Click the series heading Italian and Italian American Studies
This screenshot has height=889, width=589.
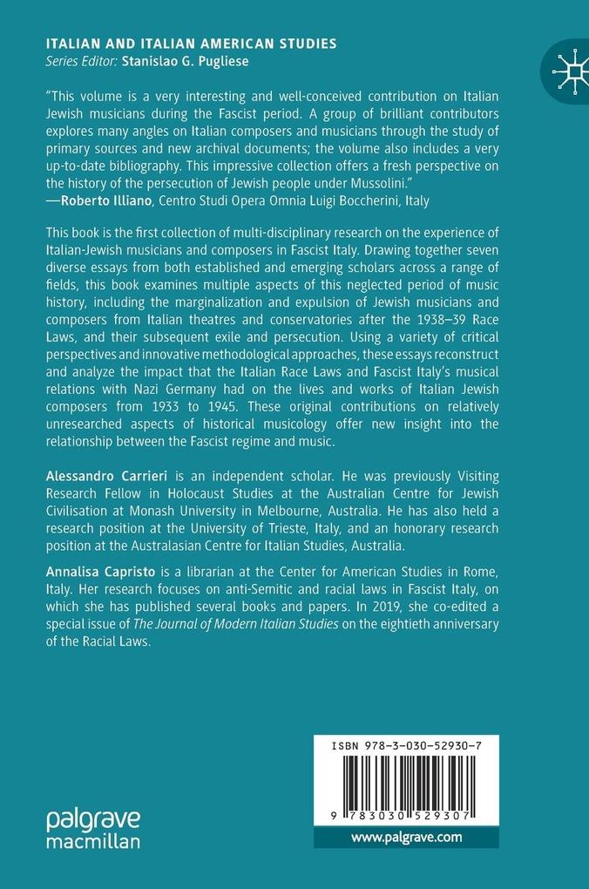pos(191,44)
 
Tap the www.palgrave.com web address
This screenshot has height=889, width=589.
pos(406,838)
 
